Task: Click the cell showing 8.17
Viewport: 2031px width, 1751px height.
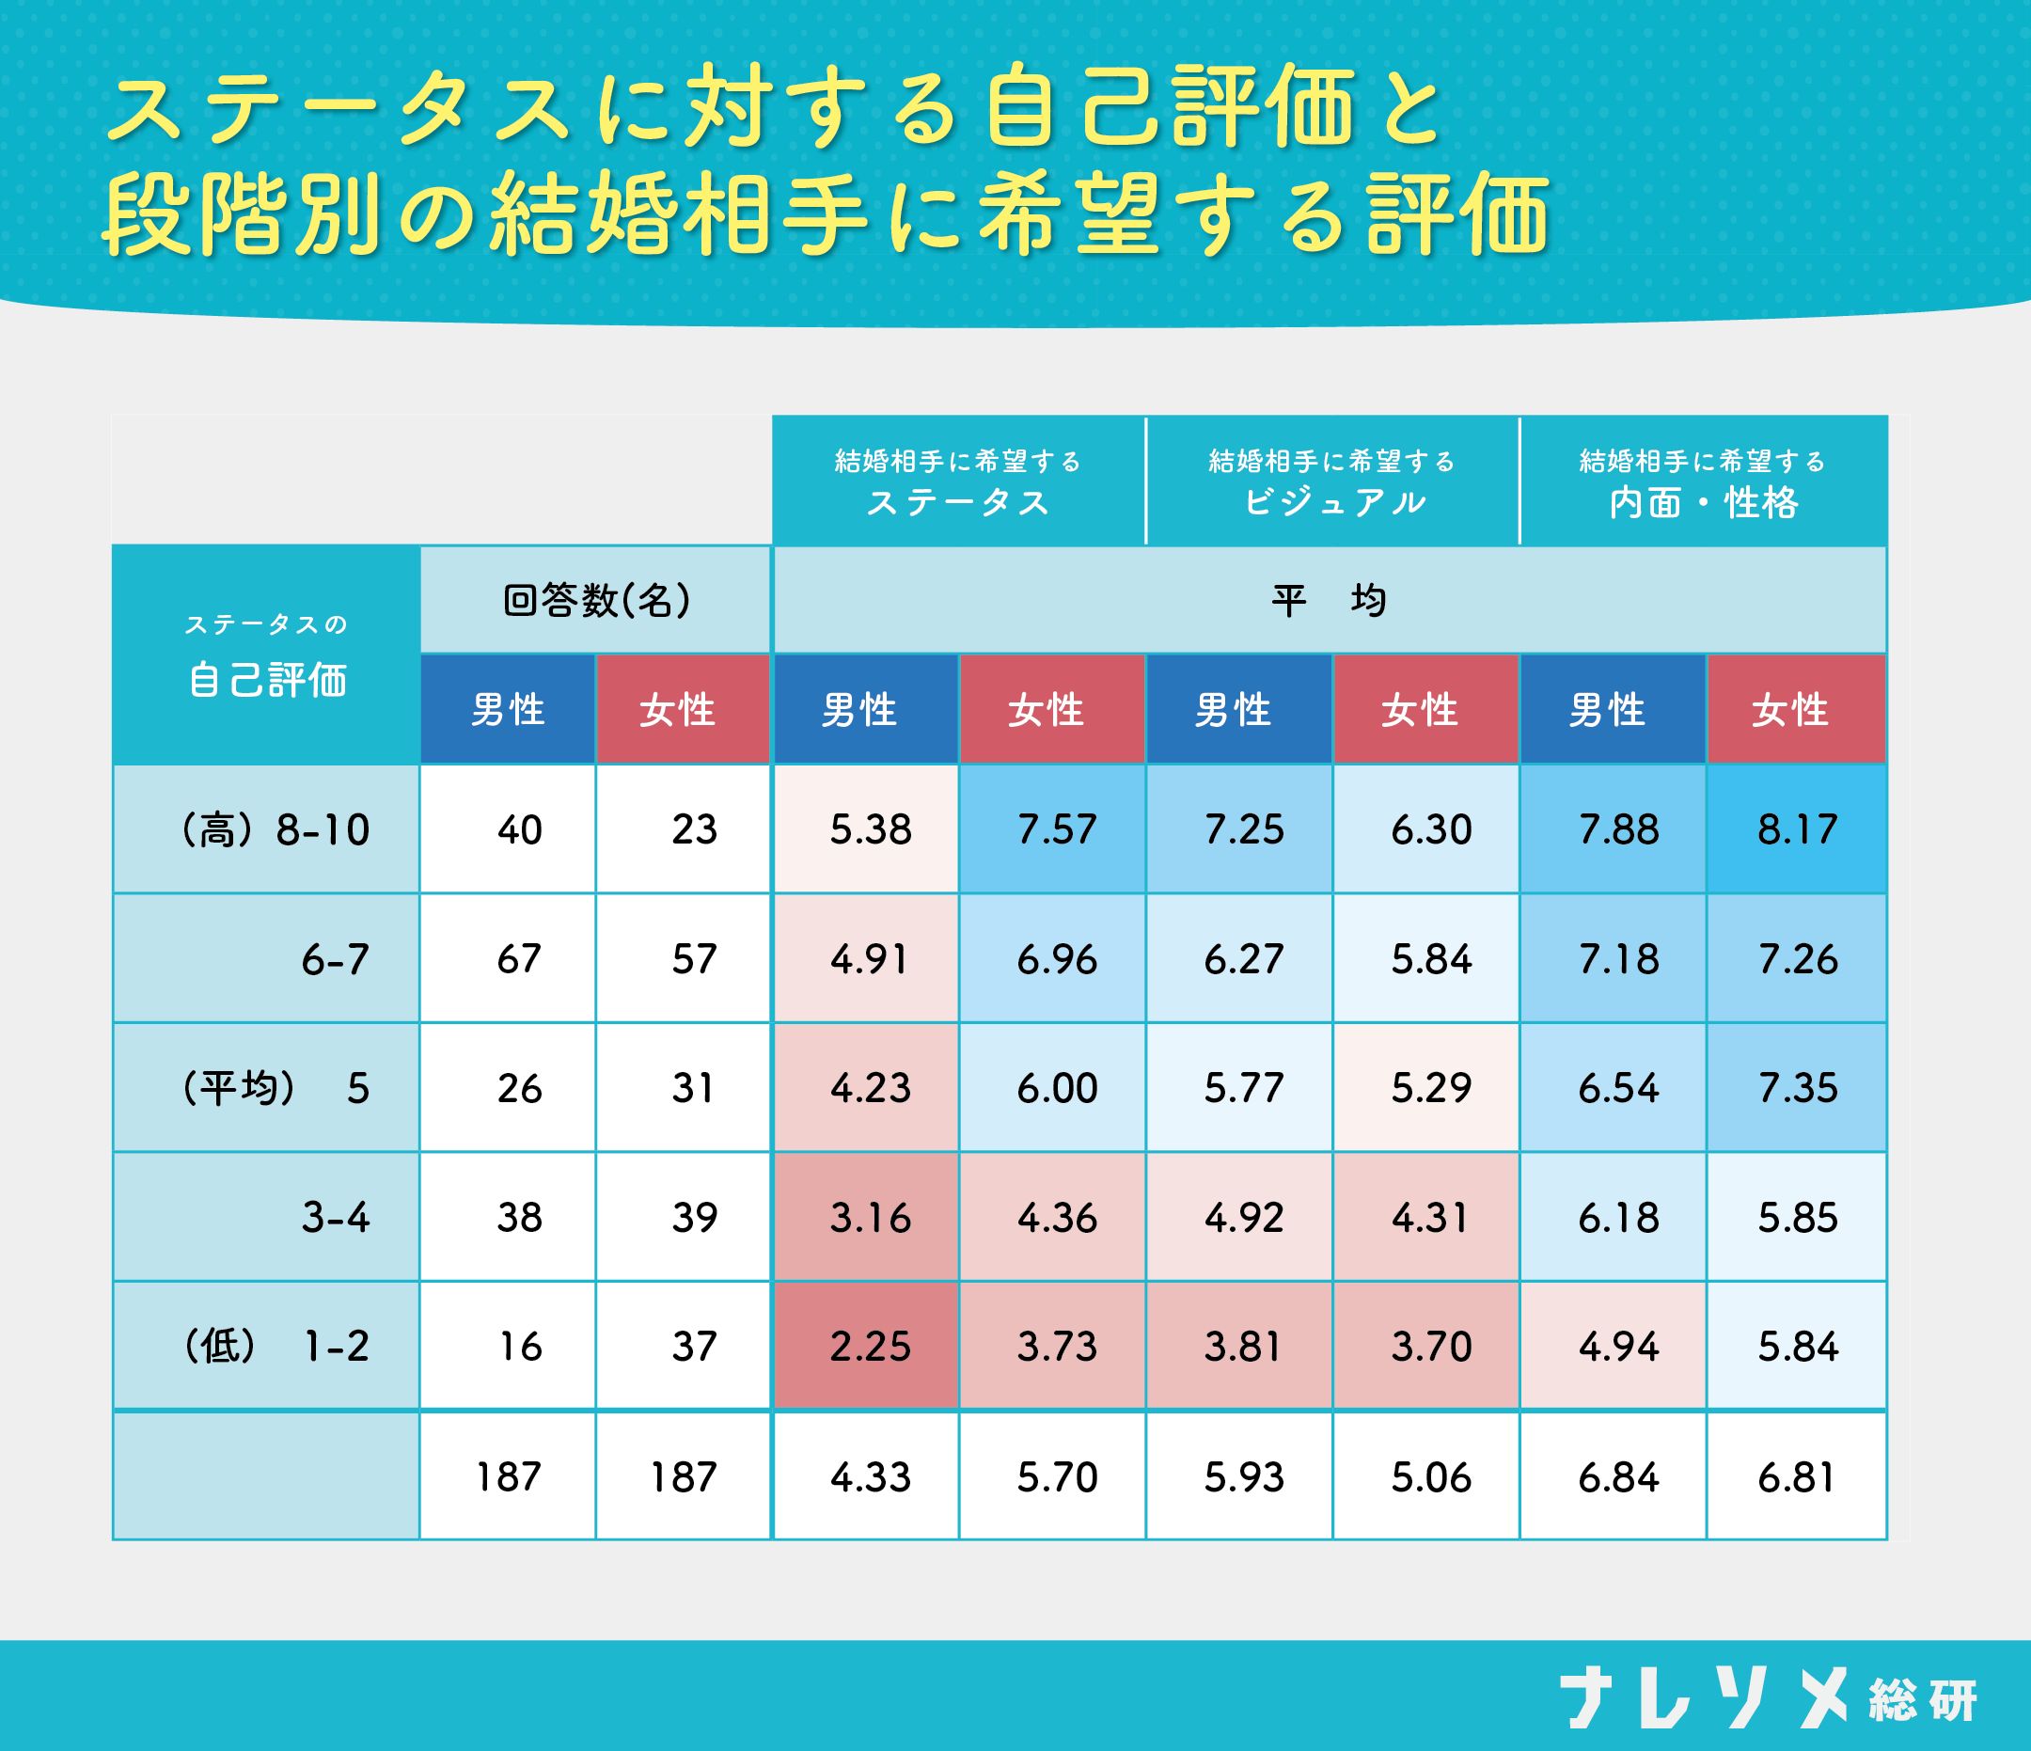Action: [x=1797, y=829]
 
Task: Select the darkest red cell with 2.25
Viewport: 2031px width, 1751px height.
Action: [x=870, y=1346]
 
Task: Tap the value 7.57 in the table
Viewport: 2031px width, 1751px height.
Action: [x=1056, y=829]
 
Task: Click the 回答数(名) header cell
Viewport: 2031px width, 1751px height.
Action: [x=596, y=600]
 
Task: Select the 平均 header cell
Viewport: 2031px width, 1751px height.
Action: [x=1330, y=600]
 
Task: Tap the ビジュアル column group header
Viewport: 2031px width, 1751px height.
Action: [x=1332, y=481]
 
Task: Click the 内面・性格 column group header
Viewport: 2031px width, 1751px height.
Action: [x=1703, y=481]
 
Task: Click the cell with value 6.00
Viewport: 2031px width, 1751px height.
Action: [x=1056, y=1088]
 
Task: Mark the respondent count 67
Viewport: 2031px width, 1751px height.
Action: [x=518, y=959]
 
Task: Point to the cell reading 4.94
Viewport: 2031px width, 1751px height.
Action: [x=1618, y=1346]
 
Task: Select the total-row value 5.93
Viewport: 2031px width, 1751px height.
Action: [x=1243, y=1476]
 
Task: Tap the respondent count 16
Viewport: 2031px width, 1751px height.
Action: [x=518, y=1346]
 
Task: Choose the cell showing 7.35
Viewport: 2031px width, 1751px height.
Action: [x=1797, y=1088]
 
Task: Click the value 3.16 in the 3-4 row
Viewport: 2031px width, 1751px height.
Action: [x=870, y=1218]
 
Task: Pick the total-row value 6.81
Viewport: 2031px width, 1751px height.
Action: [x=1797, y=1476]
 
